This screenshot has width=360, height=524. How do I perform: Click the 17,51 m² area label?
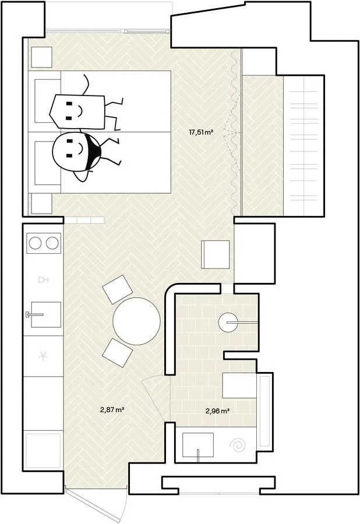(201, 132)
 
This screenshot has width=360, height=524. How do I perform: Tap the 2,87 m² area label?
(112, 409)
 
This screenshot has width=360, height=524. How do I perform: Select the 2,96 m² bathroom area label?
(217, 410)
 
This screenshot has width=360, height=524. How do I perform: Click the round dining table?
(136, 321)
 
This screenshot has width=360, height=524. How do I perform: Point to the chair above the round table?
(117, 289)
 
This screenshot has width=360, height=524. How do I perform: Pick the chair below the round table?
(118, 353)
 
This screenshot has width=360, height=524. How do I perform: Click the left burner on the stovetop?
(35, 243)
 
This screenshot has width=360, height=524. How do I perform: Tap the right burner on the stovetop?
(52, 243)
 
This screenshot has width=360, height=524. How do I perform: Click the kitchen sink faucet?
(34, 314)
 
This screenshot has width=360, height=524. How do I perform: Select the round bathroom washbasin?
(228, 322)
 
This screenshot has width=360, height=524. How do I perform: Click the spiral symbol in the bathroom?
(238, 445)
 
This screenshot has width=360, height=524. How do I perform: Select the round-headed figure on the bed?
(83, 154)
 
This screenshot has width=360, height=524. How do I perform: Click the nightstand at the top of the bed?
(42, 57)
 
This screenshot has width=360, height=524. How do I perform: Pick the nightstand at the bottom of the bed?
(42, 204)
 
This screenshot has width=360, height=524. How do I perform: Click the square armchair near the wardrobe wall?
(216, 254)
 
